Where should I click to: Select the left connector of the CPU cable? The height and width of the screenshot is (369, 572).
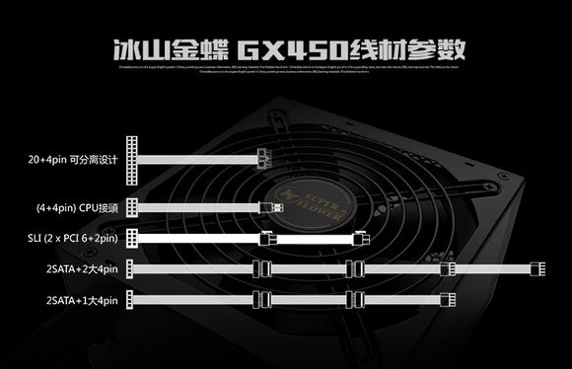132,207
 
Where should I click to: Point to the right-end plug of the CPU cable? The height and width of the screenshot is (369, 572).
275,207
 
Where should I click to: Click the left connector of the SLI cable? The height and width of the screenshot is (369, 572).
132,238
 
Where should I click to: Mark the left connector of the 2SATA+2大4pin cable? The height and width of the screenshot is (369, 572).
132,268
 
